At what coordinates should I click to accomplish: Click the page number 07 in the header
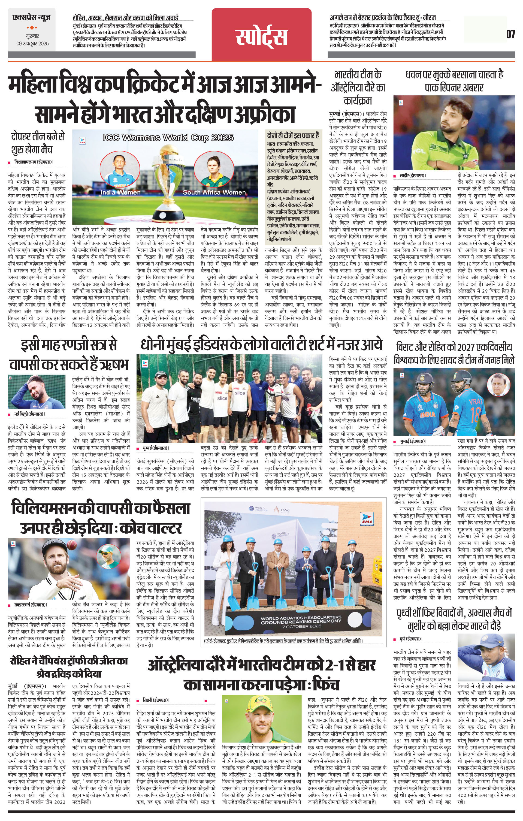point(510,34)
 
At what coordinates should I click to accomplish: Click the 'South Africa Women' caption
point(214,193)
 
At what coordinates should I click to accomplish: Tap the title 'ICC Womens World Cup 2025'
point(168,137)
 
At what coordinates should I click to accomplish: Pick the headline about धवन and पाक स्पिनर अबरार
point(454,81)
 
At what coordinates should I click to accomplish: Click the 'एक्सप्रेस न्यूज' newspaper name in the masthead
point(31,17)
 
